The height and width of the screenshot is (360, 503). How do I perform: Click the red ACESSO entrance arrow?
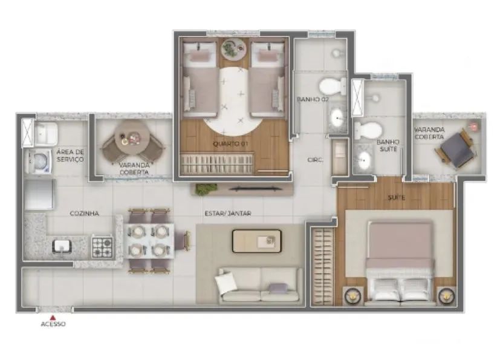(53, 318)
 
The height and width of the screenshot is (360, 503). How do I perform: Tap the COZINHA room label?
(85, 214)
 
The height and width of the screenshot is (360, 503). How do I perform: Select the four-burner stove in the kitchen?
(102, 247)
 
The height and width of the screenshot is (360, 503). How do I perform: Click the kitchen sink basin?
(62, 246)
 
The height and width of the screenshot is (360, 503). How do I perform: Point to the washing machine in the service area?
(40, 162)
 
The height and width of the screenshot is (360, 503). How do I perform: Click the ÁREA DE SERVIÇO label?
(70, 155)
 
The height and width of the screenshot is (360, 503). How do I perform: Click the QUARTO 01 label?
(230, 144)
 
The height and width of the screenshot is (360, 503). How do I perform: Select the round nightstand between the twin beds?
(233, 49)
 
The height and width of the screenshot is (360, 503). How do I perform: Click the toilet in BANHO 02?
(333, 87)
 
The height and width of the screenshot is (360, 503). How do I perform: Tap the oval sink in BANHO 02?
(337, 118)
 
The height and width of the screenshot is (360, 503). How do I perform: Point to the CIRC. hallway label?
(315, 160)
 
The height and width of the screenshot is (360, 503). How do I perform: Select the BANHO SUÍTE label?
(388, 145)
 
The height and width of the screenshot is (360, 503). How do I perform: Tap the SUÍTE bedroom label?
(397, 198)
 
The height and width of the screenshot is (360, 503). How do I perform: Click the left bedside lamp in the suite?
(352, 296)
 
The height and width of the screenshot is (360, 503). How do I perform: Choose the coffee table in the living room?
(257, 241)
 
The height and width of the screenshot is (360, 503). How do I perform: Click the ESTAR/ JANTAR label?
(228, 213)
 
